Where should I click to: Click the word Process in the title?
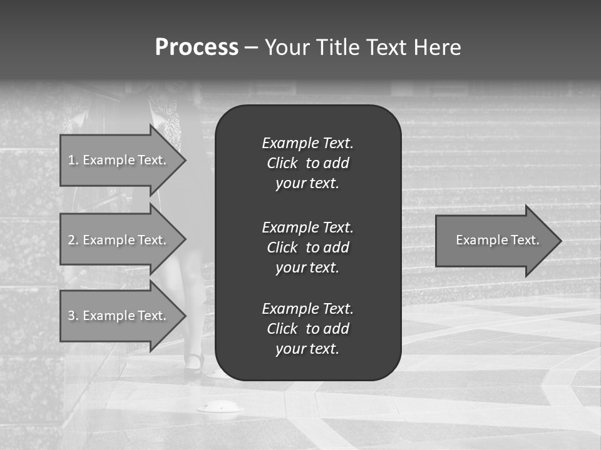(197, 47)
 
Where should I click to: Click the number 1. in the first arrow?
(73, 160)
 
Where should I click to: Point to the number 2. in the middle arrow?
(73, 240)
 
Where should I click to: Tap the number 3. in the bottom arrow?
(73, 316)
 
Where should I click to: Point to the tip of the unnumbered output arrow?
(559, 241)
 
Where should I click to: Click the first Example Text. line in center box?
(307, 143)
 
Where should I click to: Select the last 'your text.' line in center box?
(307, 349)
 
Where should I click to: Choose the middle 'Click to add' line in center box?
(307, 247)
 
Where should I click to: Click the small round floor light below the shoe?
(220, 407)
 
